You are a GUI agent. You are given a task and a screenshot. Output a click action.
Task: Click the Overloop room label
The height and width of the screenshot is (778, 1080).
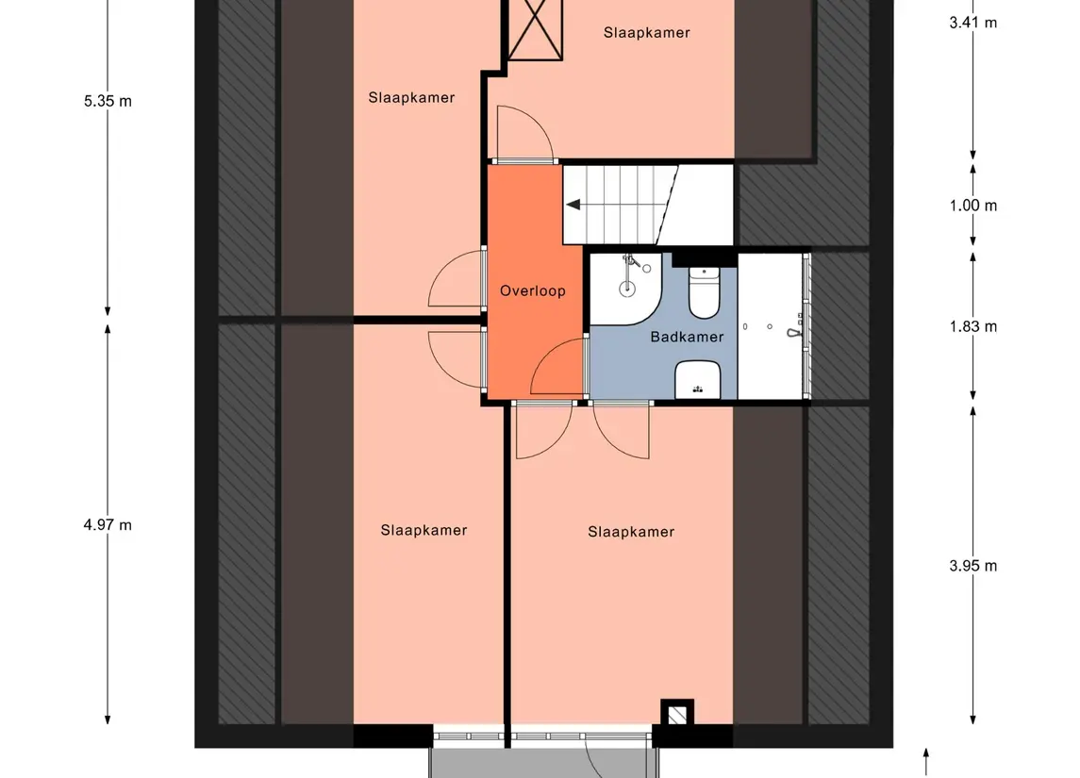coord(532,290)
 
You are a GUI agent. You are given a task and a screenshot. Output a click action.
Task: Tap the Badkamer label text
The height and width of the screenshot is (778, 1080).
coord(687,337)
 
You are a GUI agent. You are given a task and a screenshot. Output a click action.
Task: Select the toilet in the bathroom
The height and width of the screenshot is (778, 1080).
coord(704,292)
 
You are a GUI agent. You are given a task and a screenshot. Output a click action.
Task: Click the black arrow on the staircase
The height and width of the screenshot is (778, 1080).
coord(573,205)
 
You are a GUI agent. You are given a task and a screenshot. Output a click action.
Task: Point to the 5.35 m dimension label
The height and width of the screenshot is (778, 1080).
coord(108,101)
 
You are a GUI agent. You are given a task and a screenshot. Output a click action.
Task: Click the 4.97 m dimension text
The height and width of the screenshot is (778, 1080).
coord(108,525)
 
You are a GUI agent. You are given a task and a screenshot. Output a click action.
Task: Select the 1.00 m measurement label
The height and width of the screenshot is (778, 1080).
coord(972,206)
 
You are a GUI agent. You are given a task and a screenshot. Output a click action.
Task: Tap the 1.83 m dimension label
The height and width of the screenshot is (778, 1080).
coord(972,326)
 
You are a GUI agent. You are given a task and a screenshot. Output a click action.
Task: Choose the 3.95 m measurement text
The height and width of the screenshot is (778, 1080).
coord(972,566)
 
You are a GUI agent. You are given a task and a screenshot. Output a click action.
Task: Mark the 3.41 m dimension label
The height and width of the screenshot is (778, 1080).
coord(972,23)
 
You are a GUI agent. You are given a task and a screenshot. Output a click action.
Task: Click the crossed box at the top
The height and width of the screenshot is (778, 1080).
coord(535,29)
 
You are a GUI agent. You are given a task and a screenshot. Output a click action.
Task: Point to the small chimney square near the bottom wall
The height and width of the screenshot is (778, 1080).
coord(677,714)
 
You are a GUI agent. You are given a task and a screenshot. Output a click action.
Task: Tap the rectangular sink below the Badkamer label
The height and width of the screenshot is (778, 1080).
coord(698,380)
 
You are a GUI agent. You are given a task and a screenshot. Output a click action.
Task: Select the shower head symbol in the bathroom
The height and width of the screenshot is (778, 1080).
coord(795,329)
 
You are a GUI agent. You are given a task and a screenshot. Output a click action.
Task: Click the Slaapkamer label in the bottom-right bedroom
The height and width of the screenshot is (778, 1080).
coord(631,532)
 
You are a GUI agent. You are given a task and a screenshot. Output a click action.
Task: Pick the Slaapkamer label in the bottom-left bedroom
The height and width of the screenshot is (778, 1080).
coord(424,530)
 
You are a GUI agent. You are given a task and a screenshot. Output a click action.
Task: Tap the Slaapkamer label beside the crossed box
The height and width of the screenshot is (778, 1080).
coord(647,32)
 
